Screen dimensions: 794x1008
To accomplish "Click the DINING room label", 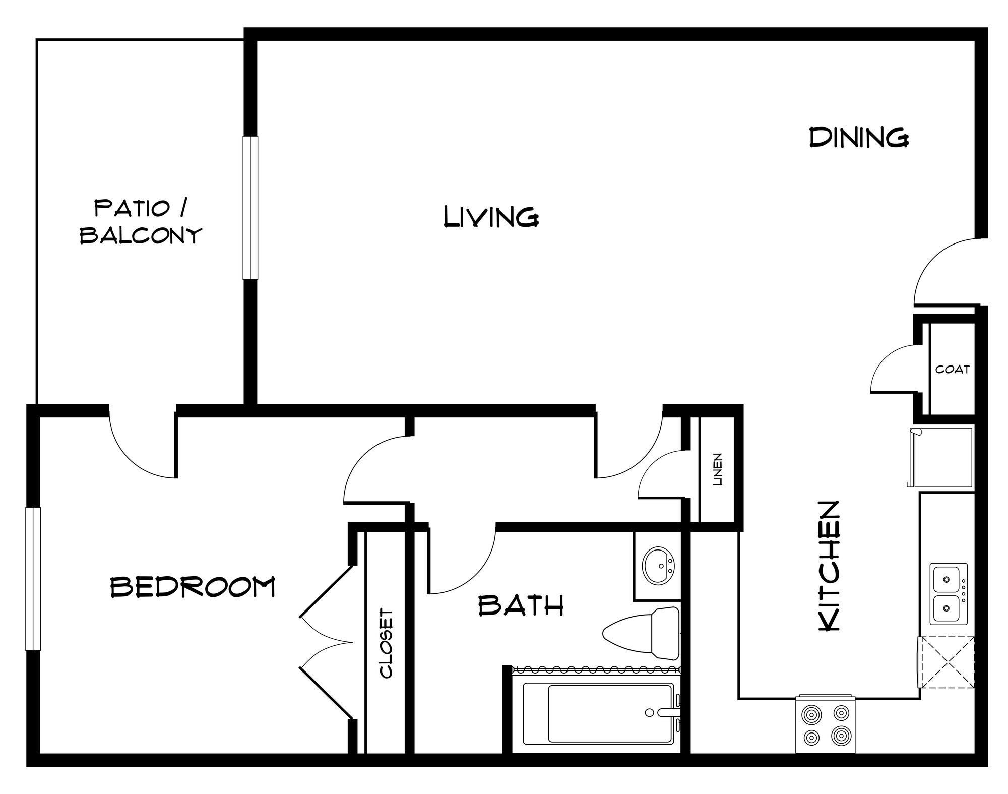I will click(x=858, y=137).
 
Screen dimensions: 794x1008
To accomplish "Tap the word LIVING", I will click(x=491, y=217).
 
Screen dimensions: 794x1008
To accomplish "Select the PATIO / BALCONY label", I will click(x=141, y=222).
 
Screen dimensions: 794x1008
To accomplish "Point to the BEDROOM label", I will click(x=193, y=586).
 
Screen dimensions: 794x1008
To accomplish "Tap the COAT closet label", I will click(x=952, y=369).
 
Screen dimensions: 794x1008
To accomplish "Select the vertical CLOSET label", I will click(x=387, y=644).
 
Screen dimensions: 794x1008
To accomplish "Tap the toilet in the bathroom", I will click(x=643, y=632).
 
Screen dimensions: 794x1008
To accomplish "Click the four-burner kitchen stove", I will click(x=825, y=725).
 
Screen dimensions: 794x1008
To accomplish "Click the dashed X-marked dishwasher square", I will click(x=946, y=662).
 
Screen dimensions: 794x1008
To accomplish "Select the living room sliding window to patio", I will click(x=250, y=207).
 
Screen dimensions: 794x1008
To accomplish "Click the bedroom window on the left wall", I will click(x=33, y=579).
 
